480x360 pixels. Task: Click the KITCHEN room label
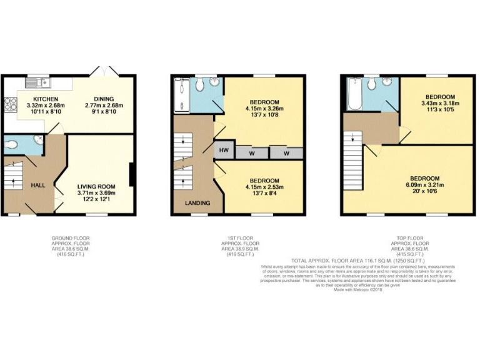[46, 99]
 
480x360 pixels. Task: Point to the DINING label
[104, 99]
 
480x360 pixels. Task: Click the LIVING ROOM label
[97, 186]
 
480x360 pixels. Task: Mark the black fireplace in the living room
[131, 174]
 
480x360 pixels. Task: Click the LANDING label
[197, 203]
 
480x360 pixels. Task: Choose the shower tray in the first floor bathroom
[181, 94]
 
